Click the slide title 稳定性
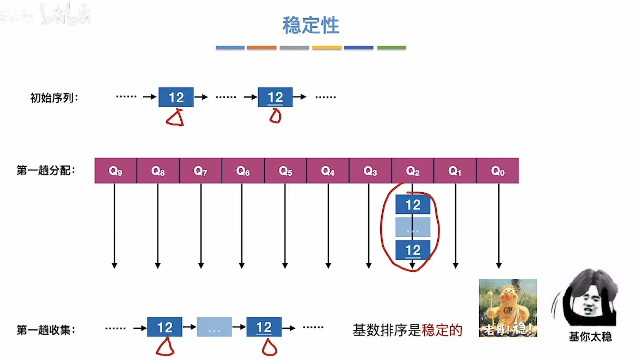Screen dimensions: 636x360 [x=311, y=25]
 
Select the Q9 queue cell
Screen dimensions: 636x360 [x=115, y=171]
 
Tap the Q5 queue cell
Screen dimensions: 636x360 [x=285, y=171]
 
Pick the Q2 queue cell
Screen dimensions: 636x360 [x=412, y=171]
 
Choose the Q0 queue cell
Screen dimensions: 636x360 [x=498, y=171]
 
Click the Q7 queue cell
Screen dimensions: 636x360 [x=200, y=171]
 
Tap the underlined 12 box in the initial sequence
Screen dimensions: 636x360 [x=275, y=97]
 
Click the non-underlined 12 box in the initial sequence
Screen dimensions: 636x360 [x=176, y=97]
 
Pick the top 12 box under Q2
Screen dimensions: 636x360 [x=413, y=205]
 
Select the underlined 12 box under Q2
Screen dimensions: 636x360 [x=413, y=250]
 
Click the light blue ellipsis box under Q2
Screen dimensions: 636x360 [x=413, y=227]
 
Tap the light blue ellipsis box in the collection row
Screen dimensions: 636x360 [x=214, y=327]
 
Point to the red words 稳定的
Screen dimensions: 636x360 [x=442, y=330]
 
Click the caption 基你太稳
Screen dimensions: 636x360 [x=590, y=336]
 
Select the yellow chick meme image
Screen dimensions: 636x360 [x=508, y=308]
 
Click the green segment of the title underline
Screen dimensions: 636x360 [x=391, y=47]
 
